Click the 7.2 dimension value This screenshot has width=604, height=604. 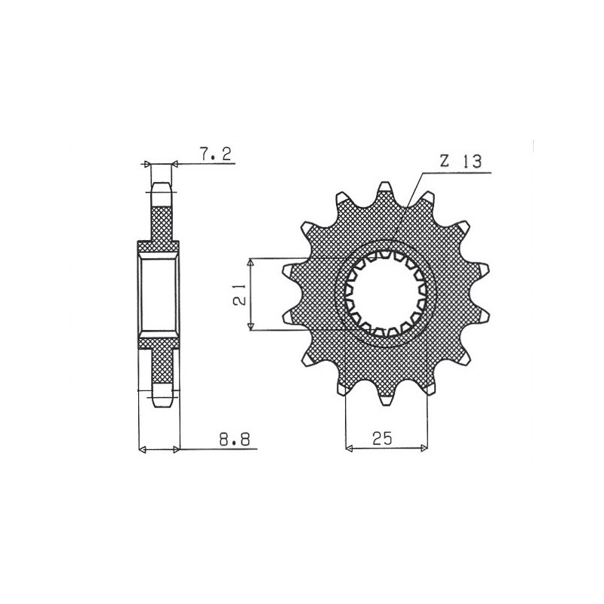point(215,155)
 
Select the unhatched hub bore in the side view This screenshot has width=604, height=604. point(159,294)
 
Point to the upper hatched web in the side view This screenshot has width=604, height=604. point(161,223)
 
